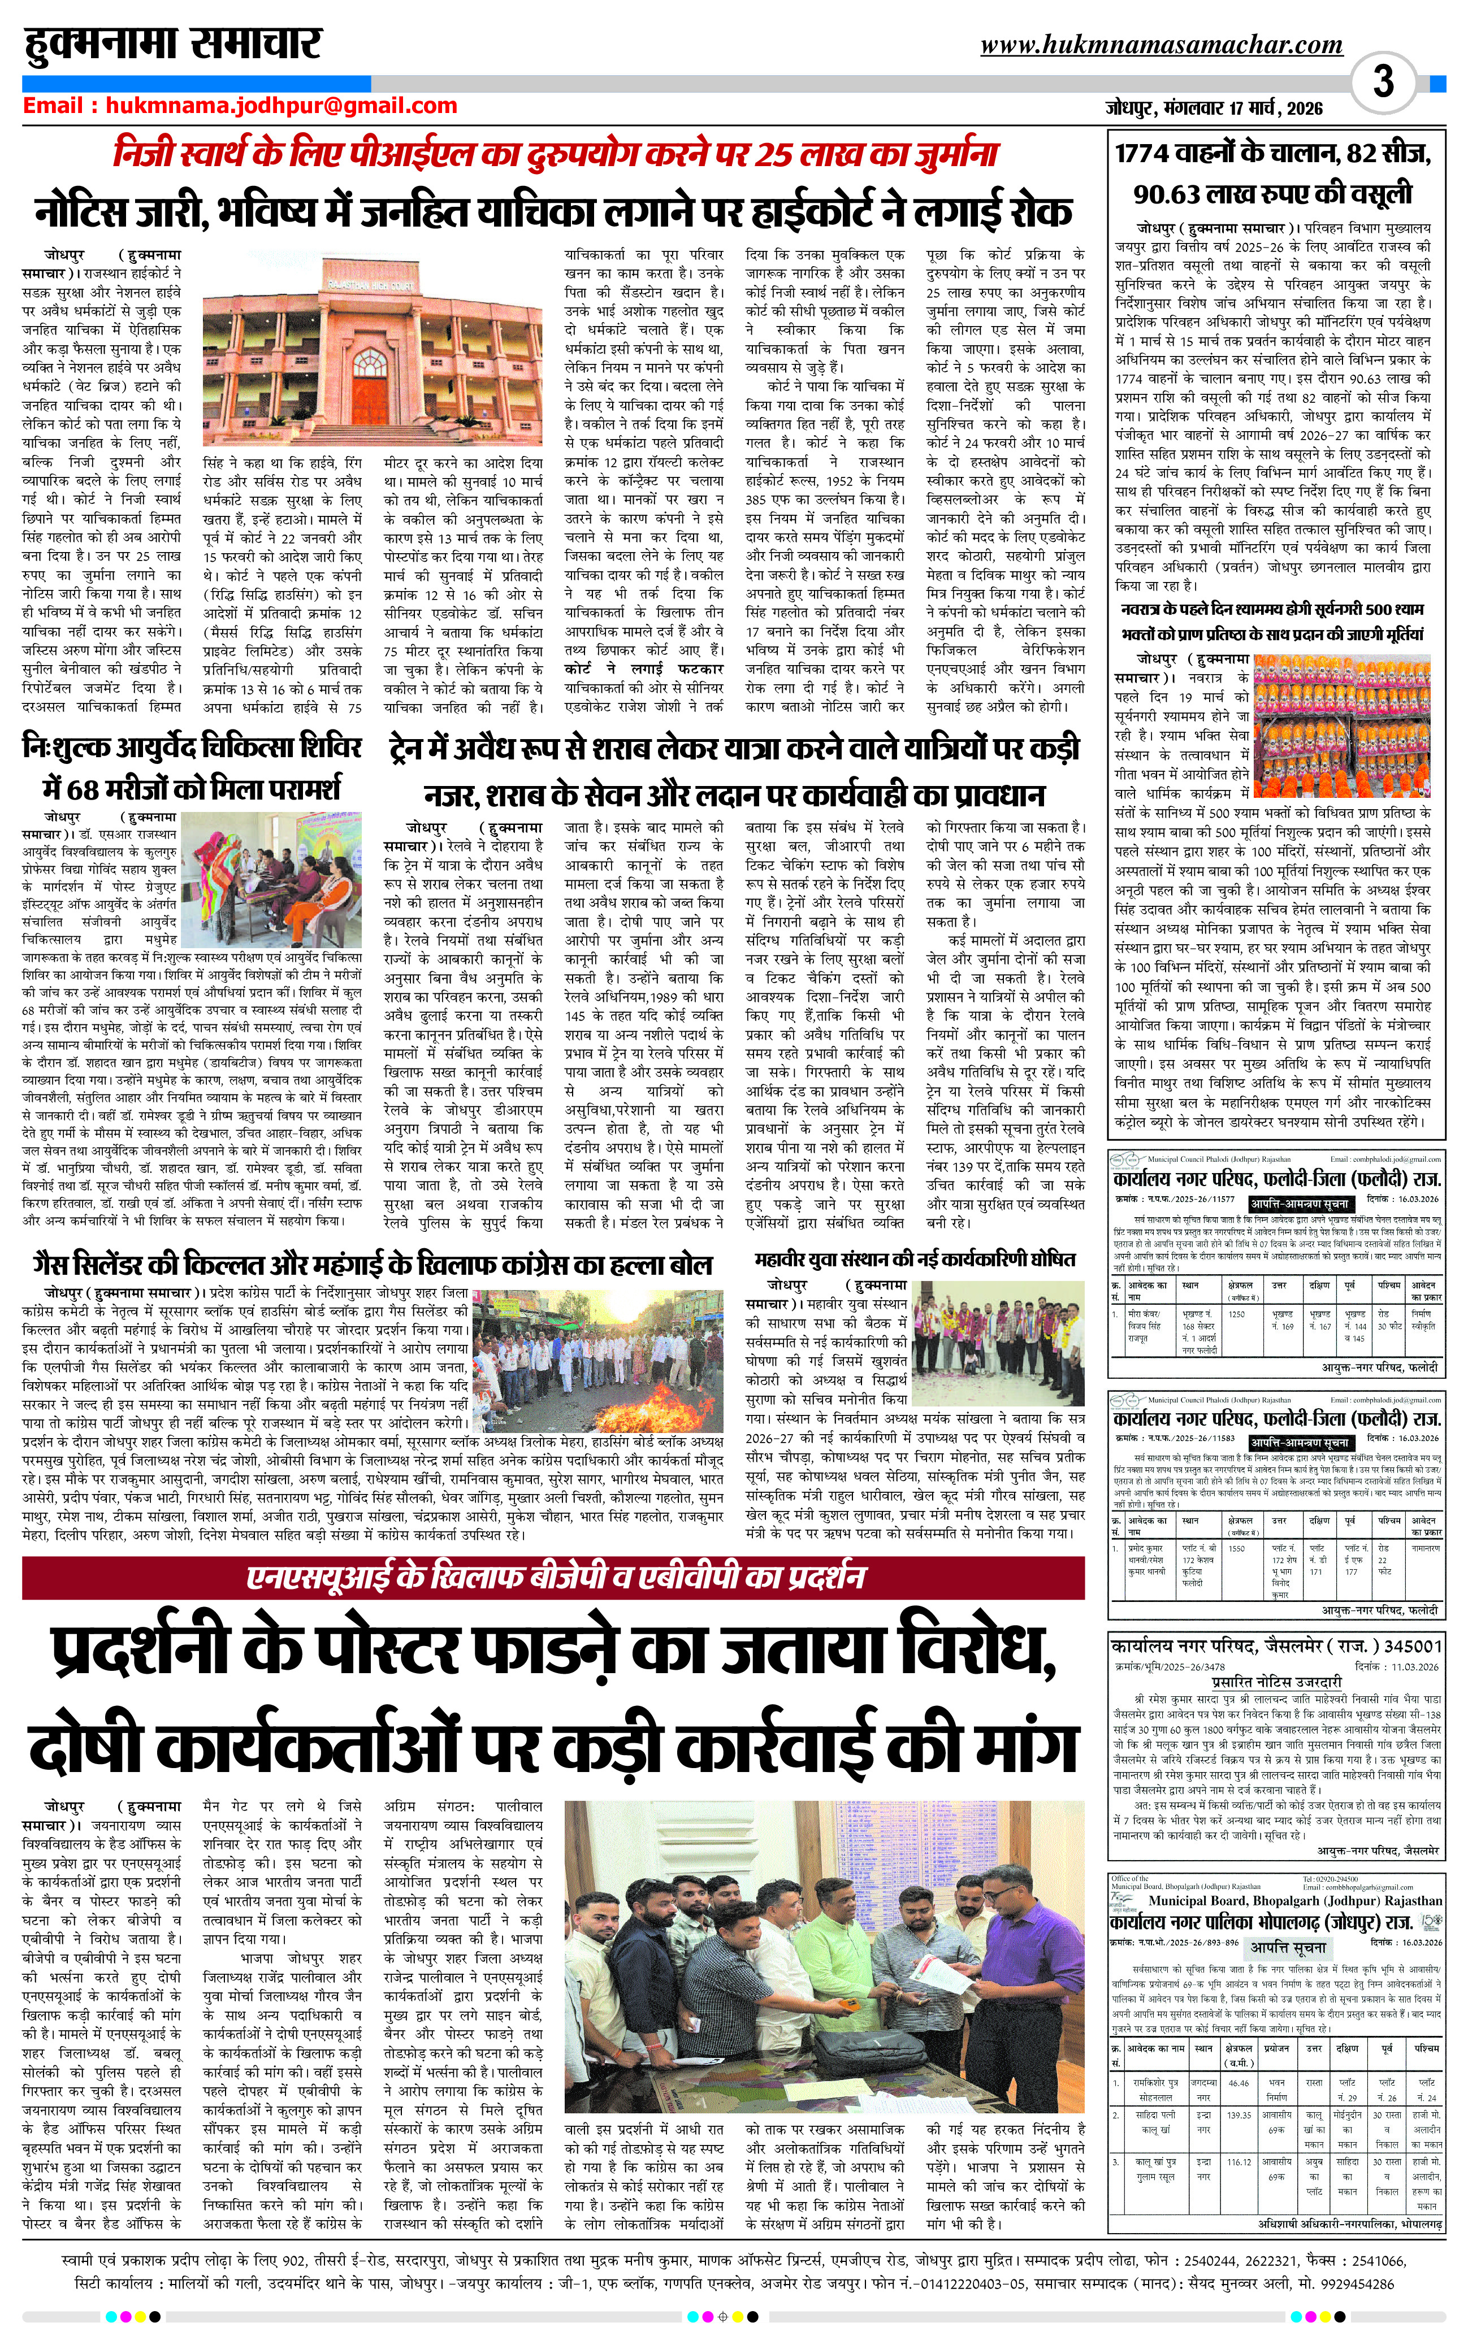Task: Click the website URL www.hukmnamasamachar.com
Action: [x=1161, y=45]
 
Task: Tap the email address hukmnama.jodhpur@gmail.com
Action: [x=280, y=106]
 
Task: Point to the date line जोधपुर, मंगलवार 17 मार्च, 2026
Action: [x=1214, y=108]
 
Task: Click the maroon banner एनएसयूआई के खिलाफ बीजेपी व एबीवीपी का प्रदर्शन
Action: [x=553, y=1577]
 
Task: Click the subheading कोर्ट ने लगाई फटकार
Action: [x=643, y=669]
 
